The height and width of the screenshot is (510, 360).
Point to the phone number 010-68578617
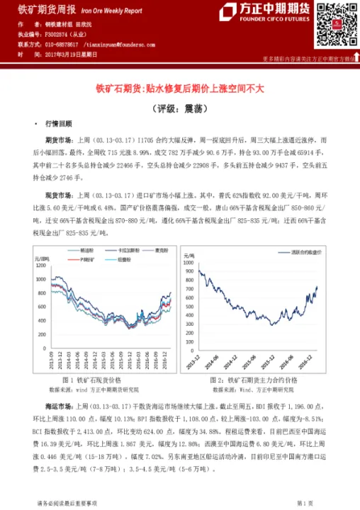62,44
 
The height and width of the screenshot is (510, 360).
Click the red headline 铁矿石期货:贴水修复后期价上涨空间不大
179,90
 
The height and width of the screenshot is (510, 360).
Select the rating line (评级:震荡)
179,109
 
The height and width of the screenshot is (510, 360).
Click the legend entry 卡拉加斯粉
125,251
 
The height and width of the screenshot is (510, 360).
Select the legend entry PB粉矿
91,259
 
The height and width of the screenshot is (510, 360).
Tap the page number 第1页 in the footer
305,502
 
